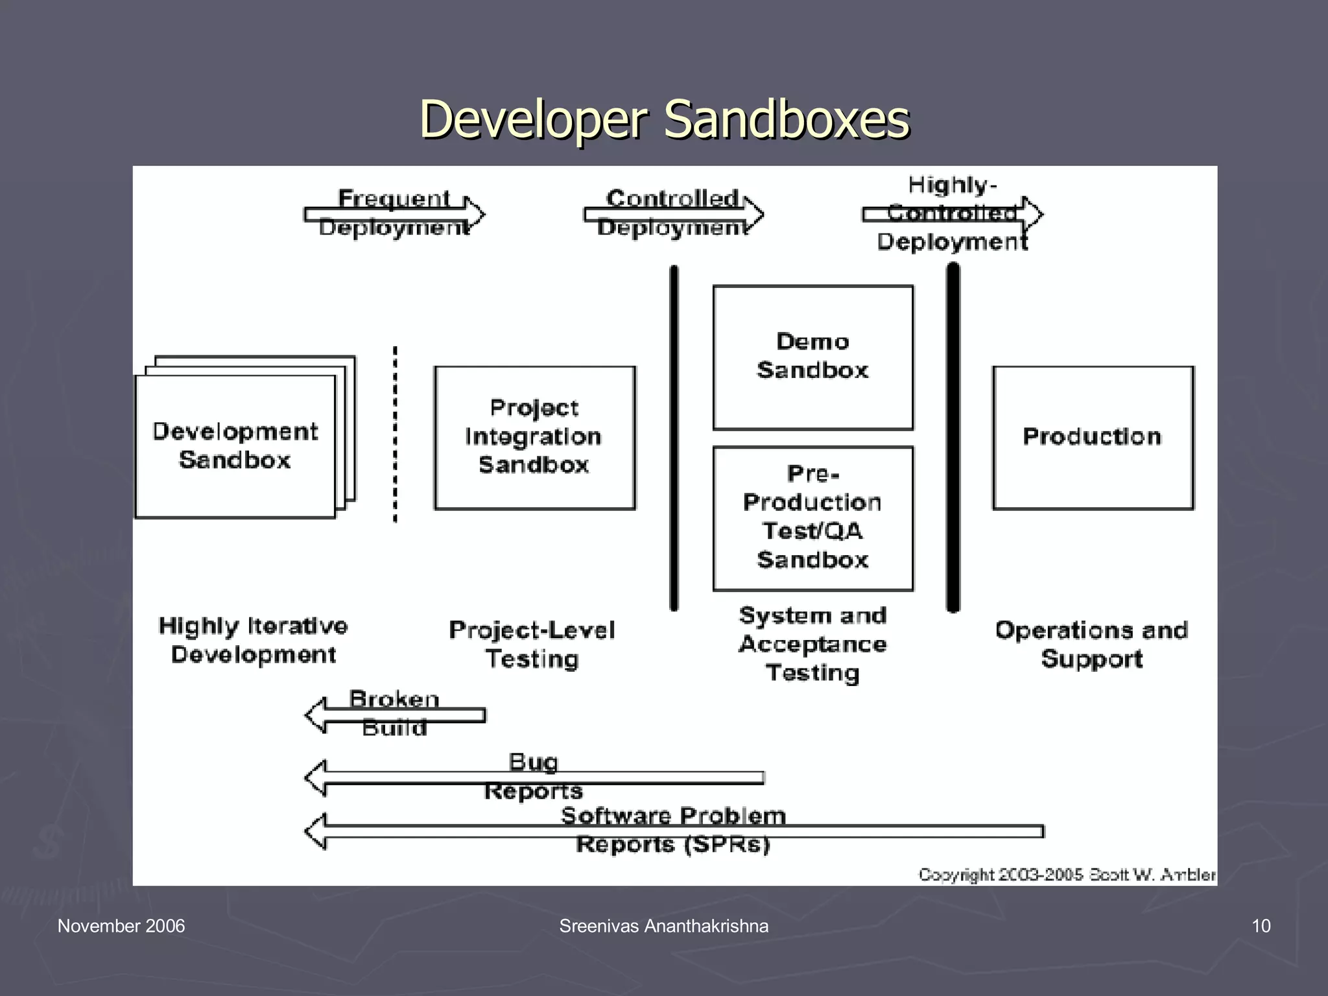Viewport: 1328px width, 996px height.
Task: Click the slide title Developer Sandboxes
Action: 664,119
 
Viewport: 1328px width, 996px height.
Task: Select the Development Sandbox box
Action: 235,446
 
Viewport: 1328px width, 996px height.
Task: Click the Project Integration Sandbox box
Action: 534,437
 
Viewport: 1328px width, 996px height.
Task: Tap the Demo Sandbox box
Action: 812,357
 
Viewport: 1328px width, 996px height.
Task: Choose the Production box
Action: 1093,437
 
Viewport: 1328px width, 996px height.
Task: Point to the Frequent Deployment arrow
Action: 394,214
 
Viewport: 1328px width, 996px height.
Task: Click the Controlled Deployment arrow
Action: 673,214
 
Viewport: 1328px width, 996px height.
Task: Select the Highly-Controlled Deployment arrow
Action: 952,214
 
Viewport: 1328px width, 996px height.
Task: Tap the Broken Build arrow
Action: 394,715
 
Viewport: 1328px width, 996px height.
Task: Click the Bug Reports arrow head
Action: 316,777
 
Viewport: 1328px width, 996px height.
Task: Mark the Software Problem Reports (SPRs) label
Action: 673,830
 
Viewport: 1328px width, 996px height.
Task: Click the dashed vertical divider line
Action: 395,434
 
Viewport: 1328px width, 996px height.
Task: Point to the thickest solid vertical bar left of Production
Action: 953,438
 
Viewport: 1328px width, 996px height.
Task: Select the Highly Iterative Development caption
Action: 253,641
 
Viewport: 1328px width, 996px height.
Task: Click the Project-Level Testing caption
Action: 532,645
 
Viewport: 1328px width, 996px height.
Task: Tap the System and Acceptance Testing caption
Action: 812,644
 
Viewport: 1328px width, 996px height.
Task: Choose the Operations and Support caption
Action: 1092,645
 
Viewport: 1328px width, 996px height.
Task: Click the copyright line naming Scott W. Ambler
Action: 1067,875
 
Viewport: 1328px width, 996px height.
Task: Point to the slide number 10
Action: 1261,926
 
